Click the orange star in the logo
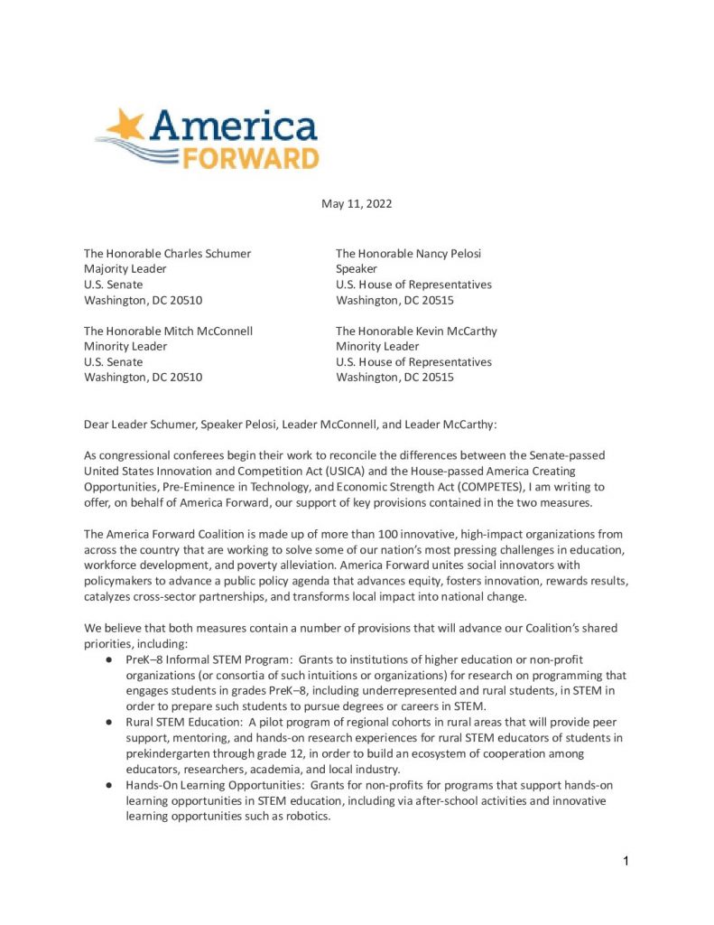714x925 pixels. (x=126, y=126)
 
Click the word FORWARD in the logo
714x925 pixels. (x=250, y=159)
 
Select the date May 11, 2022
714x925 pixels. (x=357, y=204)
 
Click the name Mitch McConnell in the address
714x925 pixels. (x=209, y=331)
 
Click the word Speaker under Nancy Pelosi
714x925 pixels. (x=357, y=269)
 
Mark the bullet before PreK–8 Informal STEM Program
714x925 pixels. (x=107, y=660)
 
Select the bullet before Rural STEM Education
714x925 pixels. (x=107, y=723)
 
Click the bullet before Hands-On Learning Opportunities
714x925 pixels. (x=107, y=785)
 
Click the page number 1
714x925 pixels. (x=626, y=861)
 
